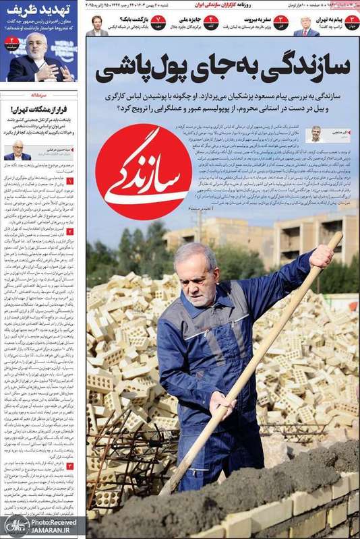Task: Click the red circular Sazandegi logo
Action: tap(144, 172)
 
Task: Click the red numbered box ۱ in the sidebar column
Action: tap(70, 181)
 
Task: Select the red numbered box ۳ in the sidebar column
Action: tap(70, 466)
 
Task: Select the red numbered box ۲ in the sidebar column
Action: tap(70, 231)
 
